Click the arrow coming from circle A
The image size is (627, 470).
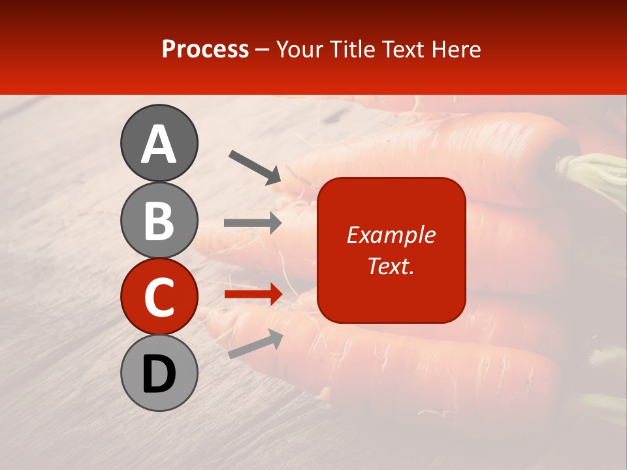pyautogui.click(x=255, y=166)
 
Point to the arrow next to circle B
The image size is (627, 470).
pyautogui.click(x=253, y=223)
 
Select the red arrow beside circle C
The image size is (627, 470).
pyautogui.click(x=253, y=294)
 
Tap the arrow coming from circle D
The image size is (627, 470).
pyautogui.click(x=255, y=344)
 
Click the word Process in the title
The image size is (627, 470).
pyautogui.click(x=205, y=49)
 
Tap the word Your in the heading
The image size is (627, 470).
pyautogui.click(x=299, y=49)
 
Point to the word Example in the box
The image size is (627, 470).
pyautogui.click(x=391, y=235)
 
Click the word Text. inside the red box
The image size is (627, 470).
pyautogui.click(x=391, y=266)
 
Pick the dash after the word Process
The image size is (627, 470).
pyautogui.click(x=262, y=50)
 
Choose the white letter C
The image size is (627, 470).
pyautogui.click(x=159, y=298)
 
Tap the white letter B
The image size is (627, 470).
pyautogui.click(x=159, y=221)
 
